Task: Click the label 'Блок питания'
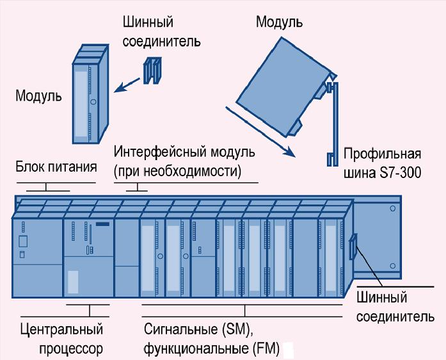pyautogui.click(x=56, y=167)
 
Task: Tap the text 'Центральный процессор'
pyautogui.click(x=61, y=339)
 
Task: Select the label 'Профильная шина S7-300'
pyautogui.click(x=382, y=163)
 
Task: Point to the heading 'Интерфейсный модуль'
pyautogui.click(x=184, y=152)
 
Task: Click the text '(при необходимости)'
pyautogui.click(x=177, y=172)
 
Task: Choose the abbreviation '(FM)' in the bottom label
pyautogui.click(x=266, y=348)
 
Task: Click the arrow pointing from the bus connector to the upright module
pyautogui.click(x=127, y=85)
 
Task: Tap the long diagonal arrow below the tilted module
pyautogui.click(x=260, y=131)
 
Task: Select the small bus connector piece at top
pyautogui.click(x=152, y=70)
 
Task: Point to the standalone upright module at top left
pyautogui.click(x=90, y=94)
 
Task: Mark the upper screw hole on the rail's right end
pyautogui.click(x=392, y=208)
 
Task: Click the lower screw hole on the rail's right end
pyautogui.click(x=392, y=266)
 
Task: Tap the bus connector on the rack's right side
pyautogui.click(x=353, y=247)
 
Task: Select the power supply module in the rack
pyautogui.click(x=37, y=258)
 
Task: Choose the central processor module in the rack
pyautogui.click(x=88, y=258)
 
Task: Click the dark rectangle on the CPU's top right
pyautogui.click(x=102, y=224)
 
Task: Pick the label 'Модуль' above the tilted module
pyautogui.click(x=280, y=22)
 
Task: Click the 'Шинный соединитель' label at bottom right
pyautogui.click(x=395, y=307)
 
